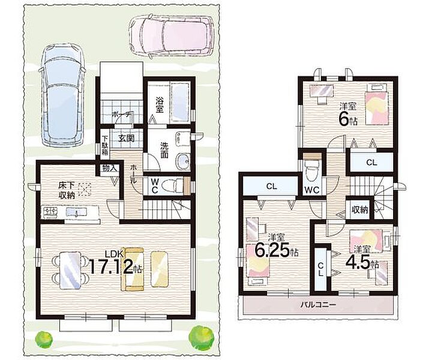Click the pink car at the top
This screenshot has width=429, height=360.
point(172,35)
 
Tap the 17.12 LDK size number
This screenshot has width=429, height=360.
point(112,267)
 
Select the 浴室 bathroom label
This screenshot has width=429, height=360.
point(160,105)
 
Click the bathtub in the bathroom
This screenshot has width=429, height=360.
point(179,102)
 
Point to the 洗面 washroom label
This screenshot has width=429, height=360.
point(164,150)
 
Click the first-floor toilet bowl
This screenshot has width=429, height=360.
point(171,186)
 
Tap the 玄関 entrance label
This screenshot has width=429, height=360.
point(127,138)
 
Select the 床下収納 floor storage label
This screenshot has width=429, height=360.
point(66,190)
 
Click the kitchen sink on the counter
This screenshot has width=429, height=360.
point(77,212)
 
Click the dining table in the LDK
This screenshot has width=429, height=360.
point(71,270)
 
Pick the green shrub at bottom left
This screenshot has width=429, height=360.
point(44,340)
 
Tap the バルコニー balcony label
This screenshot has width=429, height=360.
point(318,304)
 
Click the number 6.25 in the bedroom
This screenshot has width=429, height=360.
point(272,250)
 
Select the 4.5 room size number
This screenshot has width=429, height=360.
point(358,262)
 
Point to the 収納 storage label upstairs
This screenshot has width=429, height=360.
point(359,210)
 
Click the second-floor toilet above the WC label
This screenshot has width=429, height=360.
point(312,170)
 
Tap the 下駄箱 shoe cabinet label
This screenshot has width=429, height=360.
point(105,146)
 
